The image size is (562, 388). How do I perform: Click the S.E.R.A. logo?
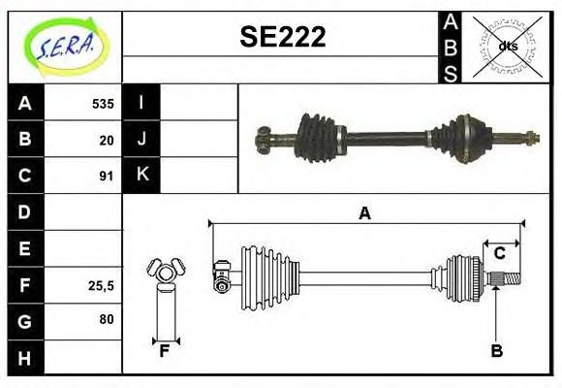63,46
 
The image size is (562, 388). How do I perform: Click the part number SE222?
282,37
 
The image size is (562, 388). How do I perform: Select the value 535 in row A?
103,104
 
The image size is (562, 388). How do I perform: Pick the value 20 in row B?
107,140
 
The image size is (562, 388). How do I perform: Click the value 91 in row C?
107,176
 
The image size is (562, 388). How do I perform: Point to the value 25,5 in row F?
102,285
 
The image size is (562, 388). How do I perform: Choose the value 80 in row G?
107,319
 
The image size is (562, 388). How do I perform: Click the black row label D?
25,211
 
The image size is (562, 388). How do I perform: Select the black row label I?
142,103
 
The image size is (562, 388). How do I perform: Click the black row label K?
142,175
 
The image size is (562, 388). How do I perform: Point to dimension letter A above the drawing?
364,212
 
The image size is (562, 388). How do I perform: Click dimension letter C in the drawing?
500,253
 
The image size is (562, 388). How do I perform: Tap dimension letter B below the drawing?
496,351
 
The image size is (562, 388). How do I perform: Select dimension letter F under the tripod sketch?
165,350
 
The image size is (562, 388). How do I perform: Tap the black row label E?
25,248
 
